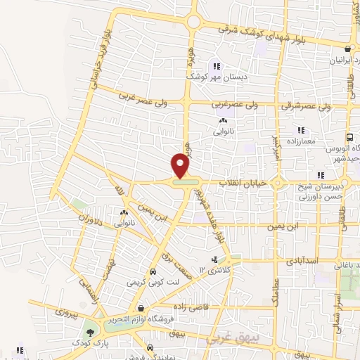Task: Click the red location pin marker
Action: tap(181, 166)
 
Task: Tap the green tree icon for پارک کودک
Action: tap(89, 331)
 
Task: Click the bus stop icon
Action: tap(349, 138)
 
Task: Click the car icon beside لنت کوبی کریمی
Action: tap(152, 271)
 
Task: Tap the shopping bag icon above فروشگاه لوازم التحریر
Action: tap(141, 308)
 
